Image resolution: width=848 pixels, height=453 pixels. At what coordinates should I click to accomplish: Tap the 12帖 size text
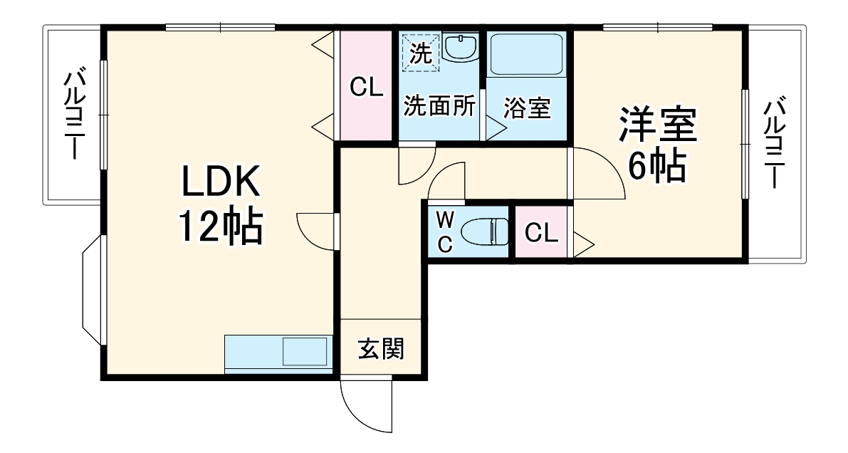[220, 226]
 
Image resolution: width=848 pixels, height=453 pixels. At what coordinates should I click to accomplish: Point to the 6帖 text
[656, 167]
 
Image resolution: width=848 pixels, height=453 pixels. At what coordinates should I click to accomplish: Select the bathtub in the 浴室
[527, 54]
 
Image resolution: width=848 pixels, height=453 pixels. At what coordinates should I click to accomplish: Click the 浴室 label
[527, 109]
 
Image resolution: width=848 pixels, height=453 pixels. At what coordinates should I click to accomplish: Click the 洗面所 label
[439, 107]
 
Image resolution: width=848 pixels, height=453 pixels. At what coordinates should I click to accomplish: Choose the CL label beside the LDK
[367, 88]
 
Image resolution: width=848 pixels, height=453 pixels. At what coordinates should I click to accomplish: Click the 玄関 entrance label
[381, 349]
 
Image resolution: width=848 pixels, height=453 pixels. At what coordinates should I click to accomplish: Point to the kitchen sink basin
[305, 352]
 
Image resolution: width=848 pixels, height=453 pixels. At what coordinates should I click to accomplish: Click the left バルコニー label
[75, 114]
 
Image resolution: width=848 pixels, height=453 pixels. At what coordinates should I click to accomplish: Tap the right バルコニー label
[775, 142]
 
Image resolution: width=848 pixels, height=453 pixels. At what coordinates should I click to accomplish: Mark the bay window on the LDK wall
[93, 290]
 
